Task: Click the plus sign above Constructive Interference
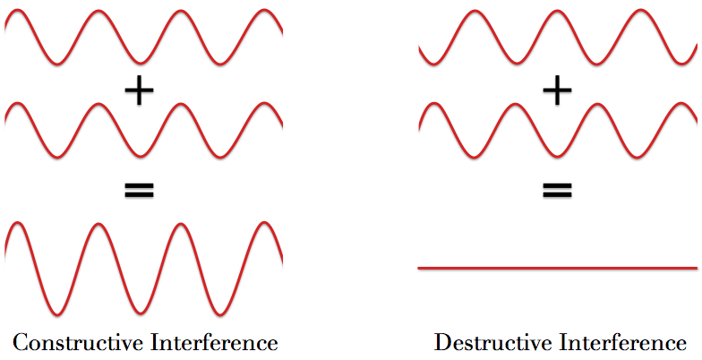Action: click(139, 90)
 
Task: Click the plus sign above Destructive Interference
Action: click(556, 90)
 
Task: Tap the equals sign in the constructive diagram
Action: click(139, 189)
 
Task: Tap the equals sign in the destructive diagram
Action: click(556, 189)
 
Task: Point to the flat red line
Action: click(557, 268)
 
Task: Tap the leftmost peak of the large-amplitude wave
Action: click(18, 223)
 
